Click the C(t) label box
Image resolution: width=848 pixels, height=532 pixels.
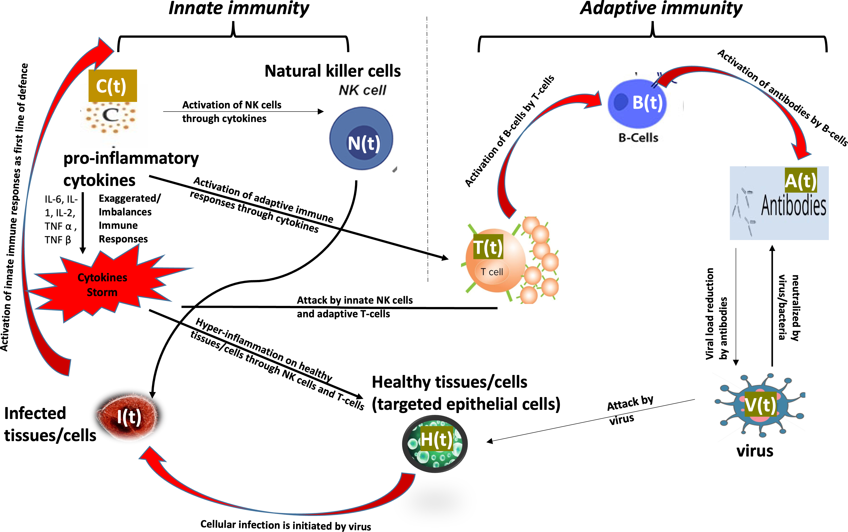click(x=112, y=86)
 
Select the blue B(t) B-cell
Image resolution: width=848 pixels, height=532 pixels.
click(x=638, y=103)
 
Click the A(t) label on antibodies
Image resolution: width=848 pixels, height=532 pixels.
click(x=800, y=180)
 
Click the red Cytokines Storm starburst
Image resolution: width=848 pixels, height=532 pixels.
click(x=102, y=285)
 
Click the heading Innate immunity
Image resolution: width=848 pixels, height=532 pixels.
click(x=239, y=8)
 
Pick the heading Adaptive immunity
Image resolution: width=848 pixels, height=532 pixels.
click(x=661, y=8)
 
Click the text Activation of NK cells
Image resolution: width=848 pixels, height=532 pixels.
click(x=231, y=105)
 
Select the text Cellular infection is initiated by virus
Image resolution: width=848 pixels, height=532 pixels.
click(x=285, y=525)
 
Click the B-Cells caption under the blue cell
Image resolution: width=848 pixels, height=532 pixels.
click(x=638, y=138)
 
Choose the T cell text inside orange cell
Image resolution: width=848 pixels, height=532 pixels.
click(x=492, y=272)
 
